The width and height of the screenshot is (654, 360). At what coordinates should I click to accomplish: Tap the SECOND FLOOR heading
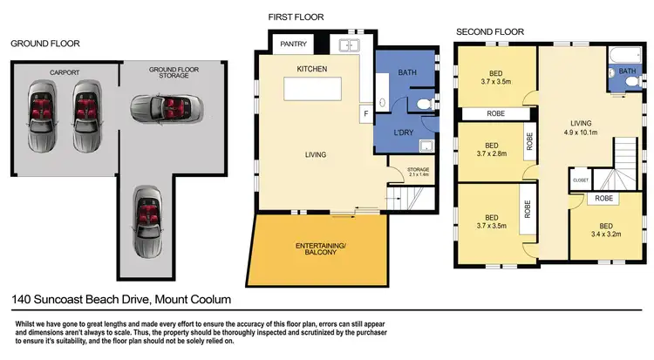click(490, 32)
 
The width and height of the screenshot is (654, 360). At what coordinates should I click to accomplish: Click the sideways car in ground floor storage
click(163, 108)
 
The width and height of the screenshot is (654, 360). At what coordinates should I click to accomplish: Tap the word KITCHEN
click(311, 68)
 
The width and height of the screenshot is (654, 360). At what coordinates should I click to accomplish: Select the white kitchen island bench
click(318, 91)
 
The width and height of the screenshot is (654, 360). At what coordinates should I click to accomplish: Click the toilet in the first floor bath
click(423, 106)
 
